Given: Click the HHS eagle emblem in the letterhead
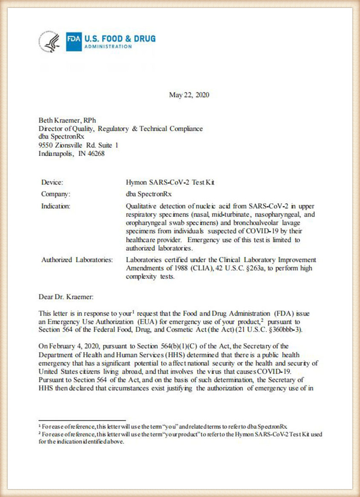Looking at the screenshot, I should (50, 42).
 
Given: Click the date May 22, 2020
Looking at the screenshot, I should (189, 95).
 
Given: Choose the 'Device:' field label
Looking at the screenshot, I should (52, 182).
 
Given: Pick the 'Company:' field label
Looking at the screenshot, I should (55, 194).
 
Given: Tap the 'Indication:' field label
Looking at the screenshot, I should (55, 206).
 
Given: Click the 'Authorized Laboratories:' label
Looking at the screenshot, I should (77, 260).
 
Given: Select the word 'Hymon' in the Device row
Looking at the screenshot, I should (136, 182).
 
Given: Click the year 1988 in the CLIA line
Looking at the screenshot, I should (179, 268).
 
